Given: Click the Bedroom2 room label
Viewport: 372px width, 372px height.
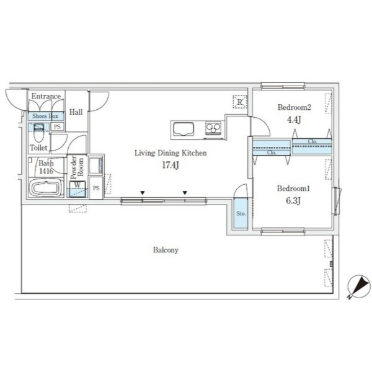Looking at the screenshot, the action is click(294, 107).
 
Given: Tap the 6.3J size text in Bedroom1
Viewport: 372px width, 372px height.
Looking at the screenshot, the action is click(293, 201).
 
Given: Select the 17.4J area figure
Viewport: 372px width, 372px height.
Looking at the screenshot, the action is click(170, 165).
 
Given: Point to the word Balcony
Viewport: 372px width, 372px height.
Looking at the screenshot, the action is click(166, 250).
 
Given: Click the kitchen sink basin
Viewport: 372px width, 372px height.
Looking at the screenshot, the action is click(184, 129).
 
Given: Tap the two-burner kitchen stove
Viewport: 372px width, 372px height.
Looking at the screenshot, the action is click(213, 128).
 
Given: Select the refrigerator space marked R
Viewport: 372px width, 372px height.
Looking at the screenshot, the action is click(240, 102).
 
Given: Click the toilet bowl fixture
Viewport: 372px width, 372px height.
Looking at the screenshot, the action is click(38, 133).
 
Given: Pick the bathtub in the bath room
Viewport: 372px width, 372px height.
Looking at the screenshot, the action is click(46, 188).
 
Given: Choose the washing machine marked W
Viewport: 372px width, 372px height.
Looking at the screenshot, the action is click(77, 189).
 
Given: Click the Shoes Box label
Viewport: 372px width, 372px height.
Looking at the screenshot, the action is click(45, 116).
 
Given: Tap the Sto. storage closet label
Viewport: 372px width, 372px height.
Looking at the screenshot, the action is click(241, 213).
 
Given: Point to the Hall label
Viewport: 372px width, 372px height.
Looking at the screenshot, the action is click(76, 112).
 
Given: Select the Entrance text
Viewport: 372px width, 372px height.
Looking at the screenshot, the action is click(46, 96).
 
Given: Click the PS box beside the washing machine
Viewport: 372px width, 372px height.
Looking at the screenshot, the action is click(96, 188).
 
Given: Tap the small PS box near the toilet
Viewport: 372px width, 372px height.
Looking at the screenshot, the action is click(57, 126).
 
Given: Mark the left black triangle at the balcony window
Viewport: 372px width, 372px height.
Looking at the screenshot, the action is click(143, 193).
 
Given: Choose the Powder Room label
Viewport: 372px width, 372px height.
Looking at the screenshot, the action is click(77, 167).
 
